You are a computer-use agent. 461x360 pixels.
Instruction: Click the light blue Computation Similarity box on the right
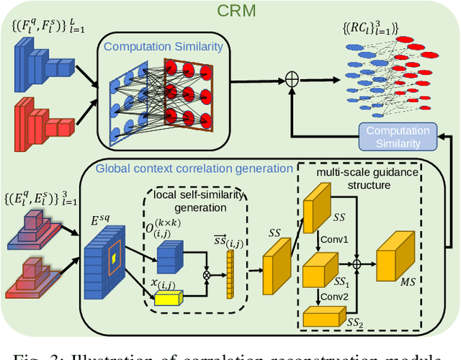tap(397, 137)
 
